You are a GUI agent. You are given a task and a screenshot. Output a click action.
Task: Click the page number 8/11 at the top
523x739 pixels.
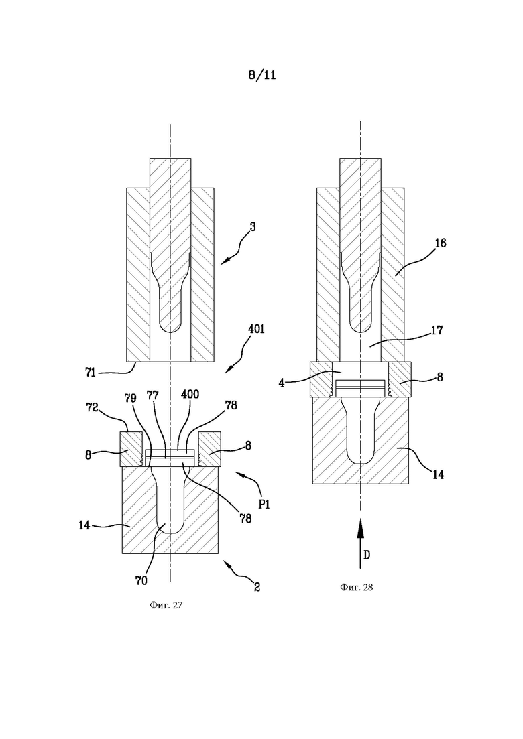[x=261, y=75]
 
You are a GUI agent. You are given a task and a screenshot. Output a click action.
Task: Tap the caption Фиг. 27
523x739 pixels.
[x=166, y=605]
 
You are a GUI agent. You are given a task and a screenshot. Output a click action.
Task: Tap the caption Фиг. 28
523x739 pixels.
[x=356, y=587]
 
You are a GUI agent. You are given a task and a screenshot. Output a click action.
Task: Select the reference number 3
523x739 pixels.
[x=253, y=226]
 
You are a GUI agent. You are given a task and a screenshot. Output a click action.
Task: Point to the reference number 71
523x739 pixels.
[x=91, y=373]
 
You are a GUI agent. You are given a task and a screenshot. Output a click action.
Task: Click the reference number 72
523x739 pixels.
[x=92, y=407]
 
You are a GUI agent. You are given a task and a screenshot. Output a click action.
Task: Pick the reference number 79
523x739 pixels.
[x=131, y=398]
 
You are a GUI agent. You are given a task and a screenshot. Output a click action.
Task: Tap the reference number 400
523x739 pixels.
[x=190, y=393]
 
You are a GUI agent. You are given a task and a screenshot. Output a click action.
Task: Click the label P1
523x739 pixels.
[x=264, y=505]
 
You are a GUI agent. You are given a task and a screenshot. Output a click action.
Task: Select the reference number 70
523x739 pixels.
[x=141, y=581]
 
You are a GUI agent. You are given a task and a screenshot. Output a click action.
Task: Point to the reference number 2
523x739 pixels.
[x=257, y=587]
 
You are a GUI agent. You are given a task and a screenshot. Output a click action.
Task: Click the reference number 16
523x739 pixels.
[x=441, y=243]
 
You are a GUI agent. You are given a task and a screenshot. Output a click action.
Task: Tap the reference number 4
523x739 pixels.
[x=282, y=382]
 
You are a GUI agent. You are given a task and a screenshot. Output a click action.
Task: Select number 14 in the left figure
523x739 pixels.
[x=84, y=525]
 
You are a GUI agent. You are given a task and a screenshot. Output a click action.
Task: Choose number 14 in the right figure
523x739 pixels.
[x=438, y=474]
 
